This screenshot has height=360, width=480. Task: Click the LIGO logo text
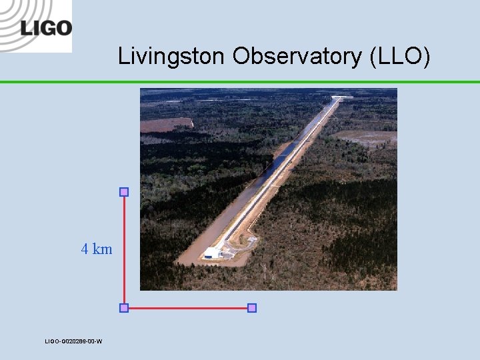[x=45, y=28]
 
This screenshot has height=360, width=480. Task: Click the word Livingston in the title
[x=173, y=57]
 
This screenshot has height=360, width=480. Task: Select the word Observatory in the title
[x=297, y=57]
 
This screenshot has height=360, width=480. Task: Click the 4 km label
[x=97, y=249]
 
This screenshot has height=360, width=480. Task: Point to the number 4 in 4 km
[x=85, y=249]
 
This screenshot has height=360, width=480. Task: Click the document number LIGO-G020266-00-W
[x=73, y=341]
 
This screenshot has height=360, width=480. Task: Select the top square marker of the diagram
[x=123, y=192]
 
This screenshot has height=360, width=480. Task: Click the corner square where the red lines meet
[x=123, y=308]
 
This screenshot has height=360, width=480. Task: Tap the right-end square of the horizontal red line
[x=252, y=308]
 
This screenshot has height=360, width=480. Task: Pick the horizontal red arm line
[x=187, y=308]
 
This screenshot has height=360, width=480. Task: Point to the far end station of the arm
[x=341, y=98]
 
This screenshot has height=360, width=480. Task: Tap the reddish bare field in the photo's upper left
[x=165, y=125]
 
